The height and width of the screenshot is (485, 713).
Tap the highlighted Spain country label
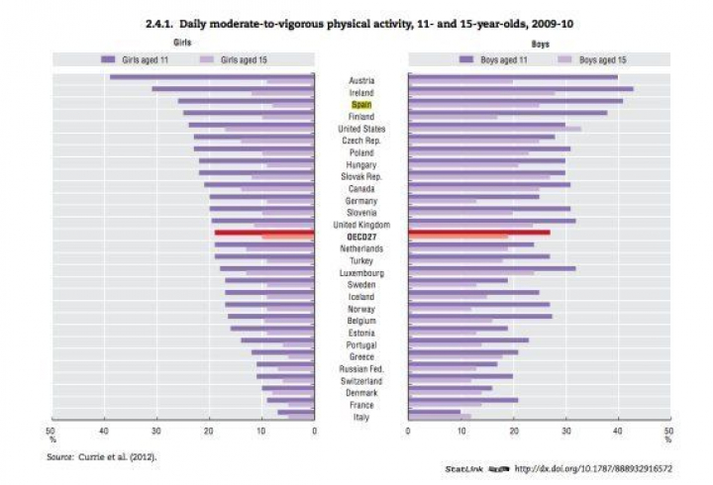[361, 105]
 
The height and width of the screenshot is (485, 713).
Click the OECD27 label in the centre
[361, 237]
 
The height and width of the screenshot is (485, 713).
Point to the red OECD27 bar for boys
[478, 233]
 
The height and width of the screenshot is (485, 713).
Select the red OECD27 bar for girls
[264, 233]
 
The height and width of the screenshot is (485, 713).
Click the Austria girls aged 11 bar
[212, 76]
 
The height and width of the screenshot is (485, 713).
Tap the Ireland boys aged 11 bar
[521, 89]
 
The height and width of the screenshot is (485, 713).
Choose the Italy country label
[361, 417]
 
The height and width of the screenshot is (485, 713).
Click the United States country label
[361, 129]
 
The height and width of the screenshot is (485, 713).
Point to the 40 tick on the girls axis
[104, 431]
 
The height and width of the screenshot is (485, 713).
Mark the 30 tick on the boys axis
[564, 431]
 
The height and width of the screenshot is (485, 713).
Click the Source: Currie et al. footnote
[102, 456]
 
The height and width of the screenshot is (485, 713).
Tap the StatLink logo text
[462, 468]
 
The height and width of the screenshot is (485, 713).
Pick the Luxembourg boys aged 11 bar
[491, 268]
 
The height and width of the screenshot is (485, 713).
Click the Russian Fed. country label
[361, 368]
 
